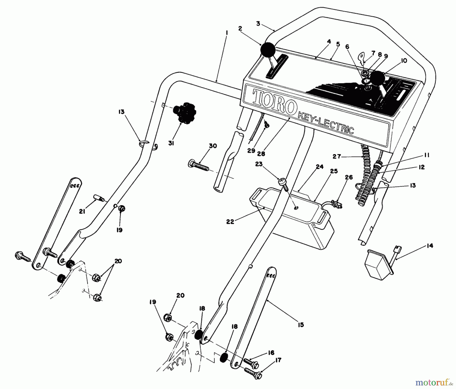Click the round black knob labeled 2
(x=268, y=50)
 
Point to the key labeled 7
(x=362, y=59)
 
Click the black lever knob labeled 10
(x=377, y=78)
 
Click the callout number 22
(x=230, y=222)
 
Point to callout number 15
(x=301, y=325)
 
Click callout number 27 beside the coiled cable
(x=337, y=156)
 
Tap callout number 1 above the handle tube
(x=226, y=33)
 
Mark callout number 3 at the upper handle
(x=258, y=24)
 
